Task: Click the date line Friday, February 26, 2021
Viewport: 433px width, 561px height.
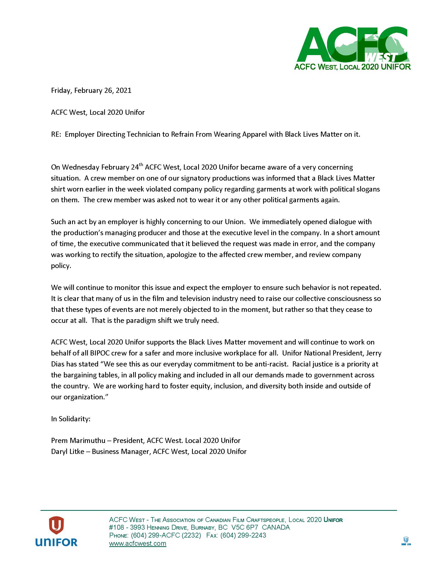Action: pyautogui.click(x=91, y=91)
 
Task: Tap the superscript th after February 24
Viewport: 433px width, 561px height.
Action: pyautogui.click(x=141, y=164)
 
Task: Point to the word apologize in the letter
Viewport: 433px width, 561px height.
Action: pyautogui.click(x=182, y=255)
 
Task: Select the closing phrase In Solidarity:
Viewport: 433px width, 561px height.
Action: pyautogui.click(x=71, y=419)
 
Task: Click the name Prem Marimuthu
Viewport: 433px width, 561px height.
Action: pyautogui.click(x=78, y=441)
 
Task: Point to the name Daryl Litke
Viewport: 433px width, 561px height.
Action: pyautogui.click(x=67, y=452)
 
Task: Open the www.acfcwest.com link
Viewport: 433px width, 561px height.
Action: pyautogui.click(x=138, y=544)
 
